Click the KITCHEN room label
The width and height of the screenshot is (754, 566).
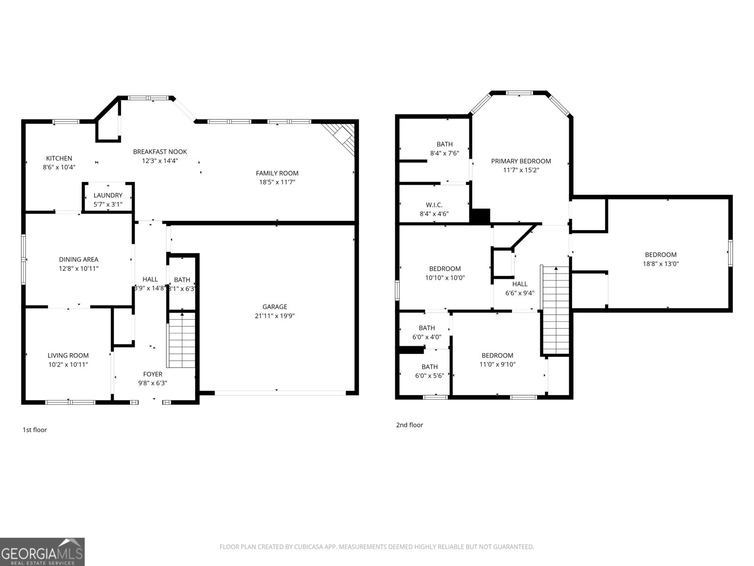[59, 158]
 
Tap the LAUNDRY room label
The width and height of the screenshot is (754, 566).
[108, 195]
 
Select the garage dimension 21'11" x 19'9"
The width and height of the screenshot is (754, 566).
[275, 316]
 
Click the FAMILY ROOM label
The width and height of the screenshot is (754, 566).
[277, 173]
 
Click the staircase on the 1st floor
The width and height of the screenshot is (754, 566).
[182, 341]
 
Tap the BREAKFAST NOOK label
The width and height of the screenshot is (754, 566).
[160, 152]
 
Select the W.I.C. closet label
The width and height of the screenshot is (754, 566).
[434, 205]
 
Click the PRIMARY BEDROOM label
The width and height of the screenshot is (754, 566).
[521, 161]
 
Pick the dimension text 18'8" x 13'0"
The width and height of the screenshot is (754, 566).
[661, 264]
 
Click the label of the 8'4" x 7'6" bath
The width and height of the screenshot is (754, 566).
[444, 144]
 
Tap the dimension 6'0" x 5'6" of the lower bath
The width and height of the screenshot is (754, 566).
[429, 376]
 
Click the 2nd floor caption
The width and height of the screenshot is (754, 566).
[410, 425]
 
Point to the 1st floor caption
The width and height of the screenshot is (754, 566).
[35, 430]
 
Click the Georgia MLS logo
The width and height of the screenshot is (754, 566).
[42, 552]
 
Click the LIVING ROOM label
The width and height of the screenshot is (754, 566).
[68, 356]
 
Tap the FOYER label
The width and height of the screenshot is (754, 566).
[153, 374]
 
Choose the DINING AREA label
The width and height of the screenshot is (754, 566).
[79, 259]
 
